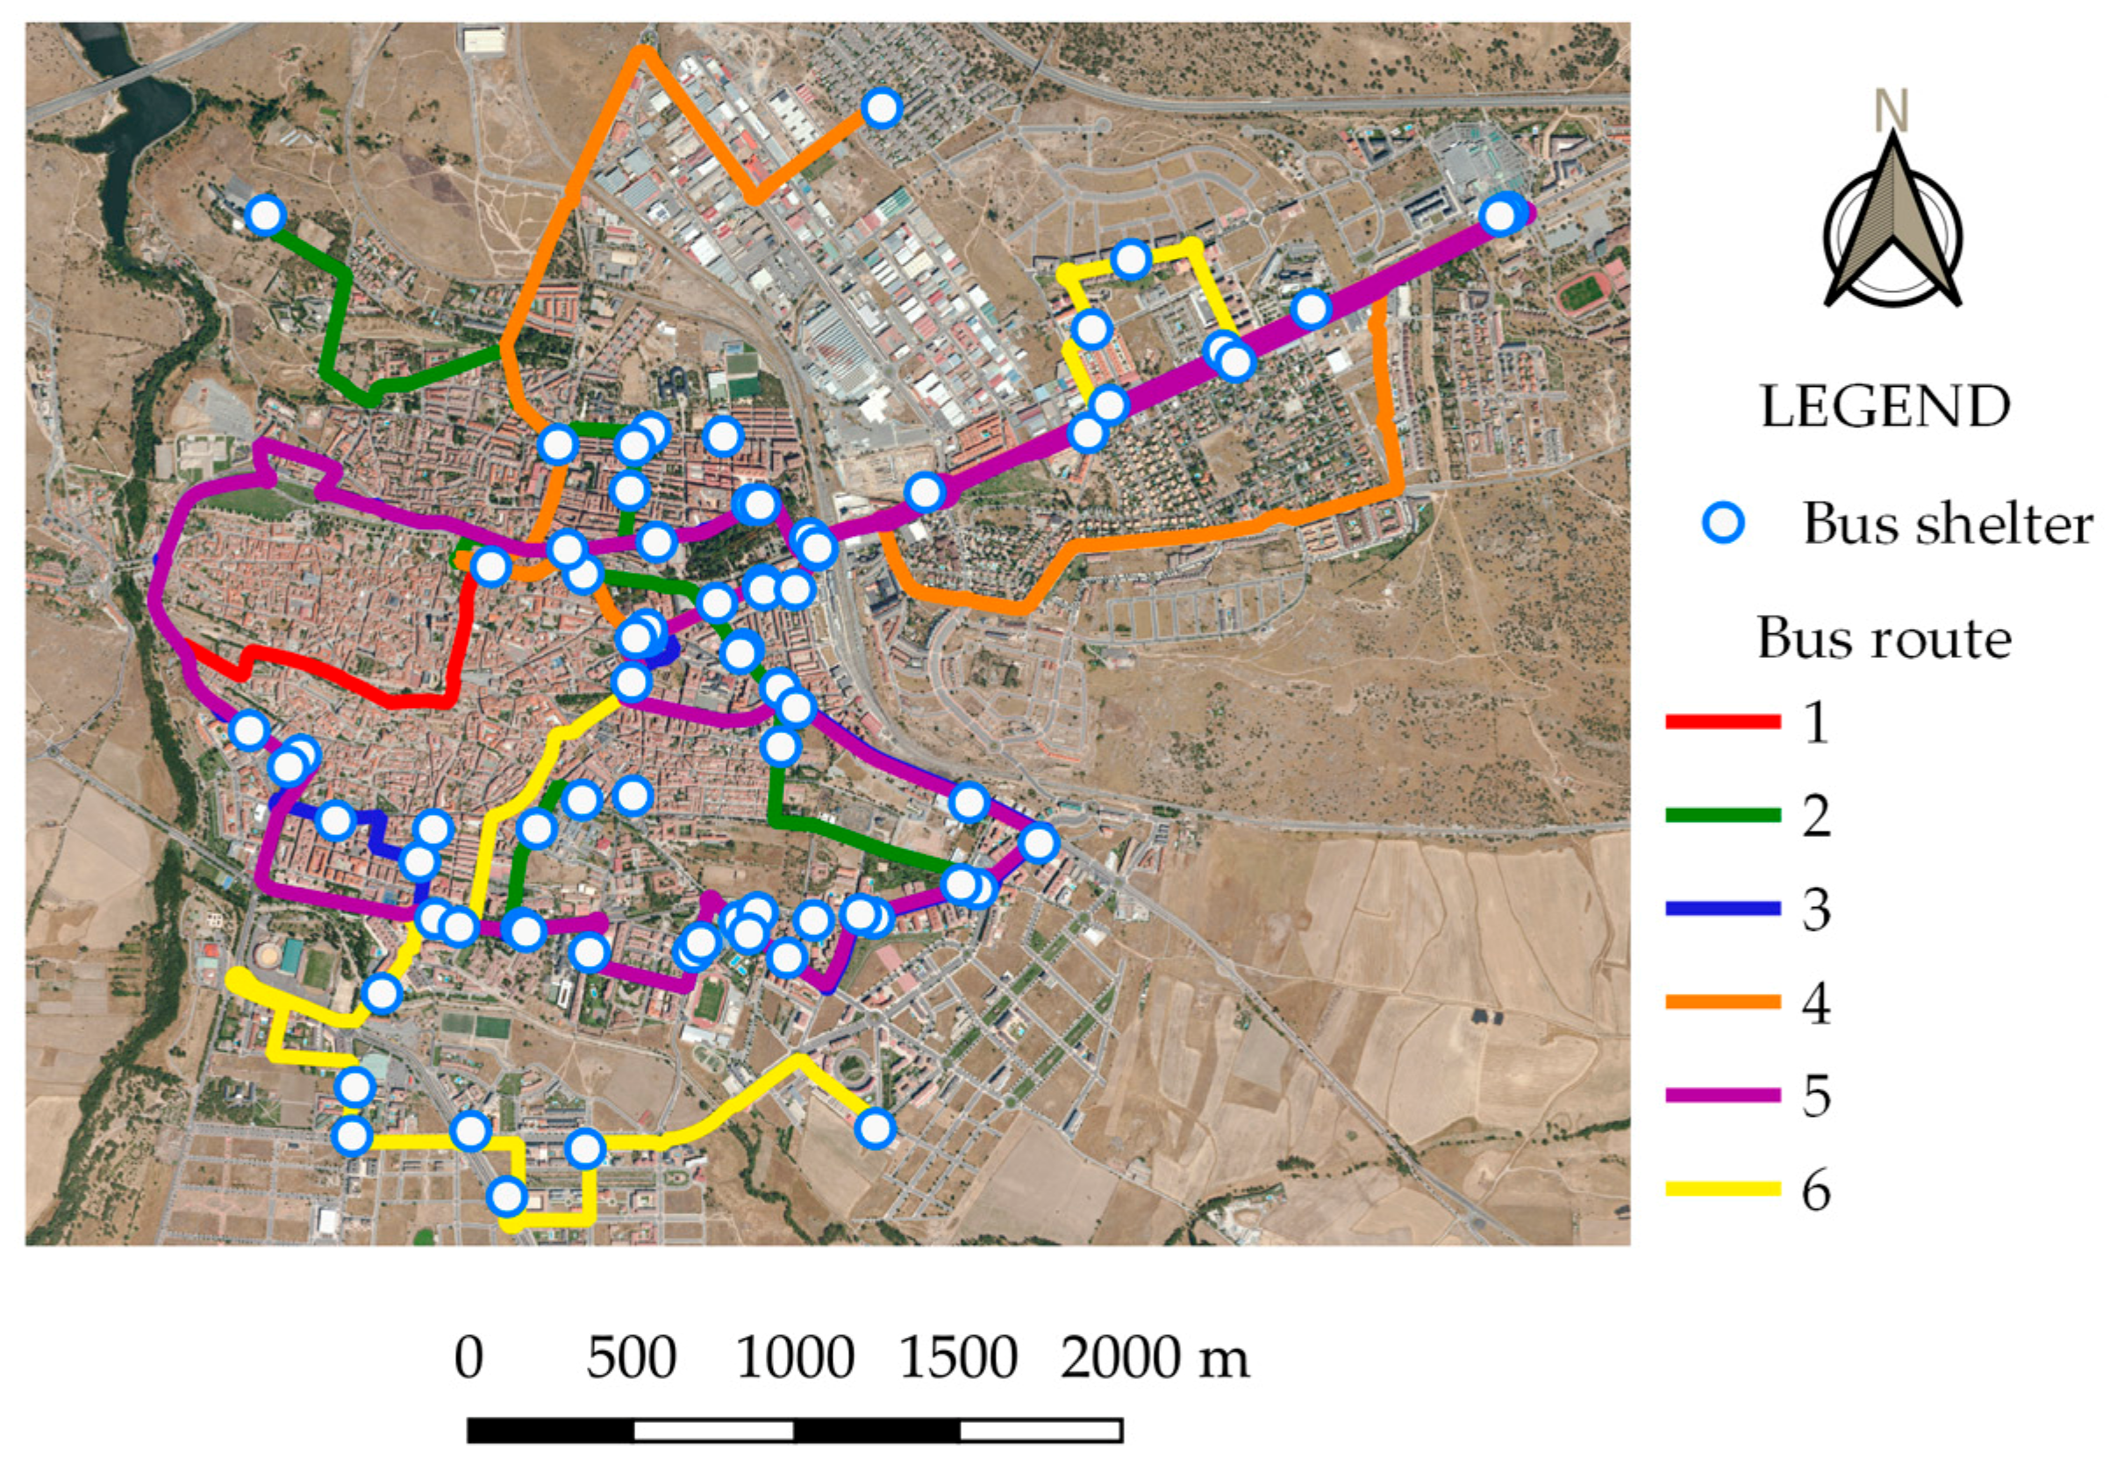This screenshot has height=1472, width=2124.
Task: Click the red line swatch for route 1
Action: coord(1722,721)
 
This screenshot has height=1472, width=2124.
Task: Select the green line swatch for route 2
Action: coord(1722,814)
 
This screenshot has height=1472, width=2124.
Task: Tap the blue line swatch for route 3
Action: coord(1722,909)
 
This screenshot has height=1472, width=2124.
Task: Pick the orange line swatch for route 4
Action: coord(1722,1002)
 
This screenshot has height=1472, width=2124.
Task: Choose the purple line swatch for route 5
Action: coord(1722,1095)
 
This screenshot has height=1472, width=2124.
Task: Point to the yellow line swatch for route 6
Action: coord(1722,1189)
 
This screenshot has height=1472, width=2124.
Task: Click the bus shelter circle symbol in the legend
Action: coord(1722,524)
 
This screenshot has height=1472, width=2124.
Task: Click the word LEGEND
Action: coord(1884,407)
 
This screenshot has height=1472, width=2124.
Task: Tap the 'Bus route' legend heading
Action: coord(1884,639)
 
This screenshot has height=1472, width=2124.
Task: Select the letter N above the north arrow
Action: coord(1891,110)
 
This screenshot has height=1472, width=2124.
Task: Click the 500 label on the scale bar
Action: coord(631,1359)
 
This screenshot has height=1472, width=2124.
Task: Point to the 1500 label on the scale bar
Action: coord(957,1359)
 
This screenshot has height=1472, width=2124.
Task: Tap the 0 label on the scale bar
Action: coord(468,1359)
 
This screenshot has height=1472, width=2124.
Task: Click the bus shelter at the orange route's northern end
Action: coord(882,108)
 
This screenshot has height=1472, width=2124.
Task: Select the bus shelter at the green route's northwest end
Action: coord(265,215)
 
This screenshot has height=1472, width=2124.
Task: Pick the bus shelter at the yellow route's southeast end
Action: coord(875,1127)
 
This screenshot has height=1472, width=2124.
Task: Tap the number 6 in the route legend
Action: coord(1816,1190)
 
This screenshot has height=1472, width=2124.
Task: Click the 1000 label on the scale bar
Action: coord(795,1359)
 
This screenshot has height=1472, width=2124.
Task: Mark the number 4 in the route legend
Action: coord(1816,1003)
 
